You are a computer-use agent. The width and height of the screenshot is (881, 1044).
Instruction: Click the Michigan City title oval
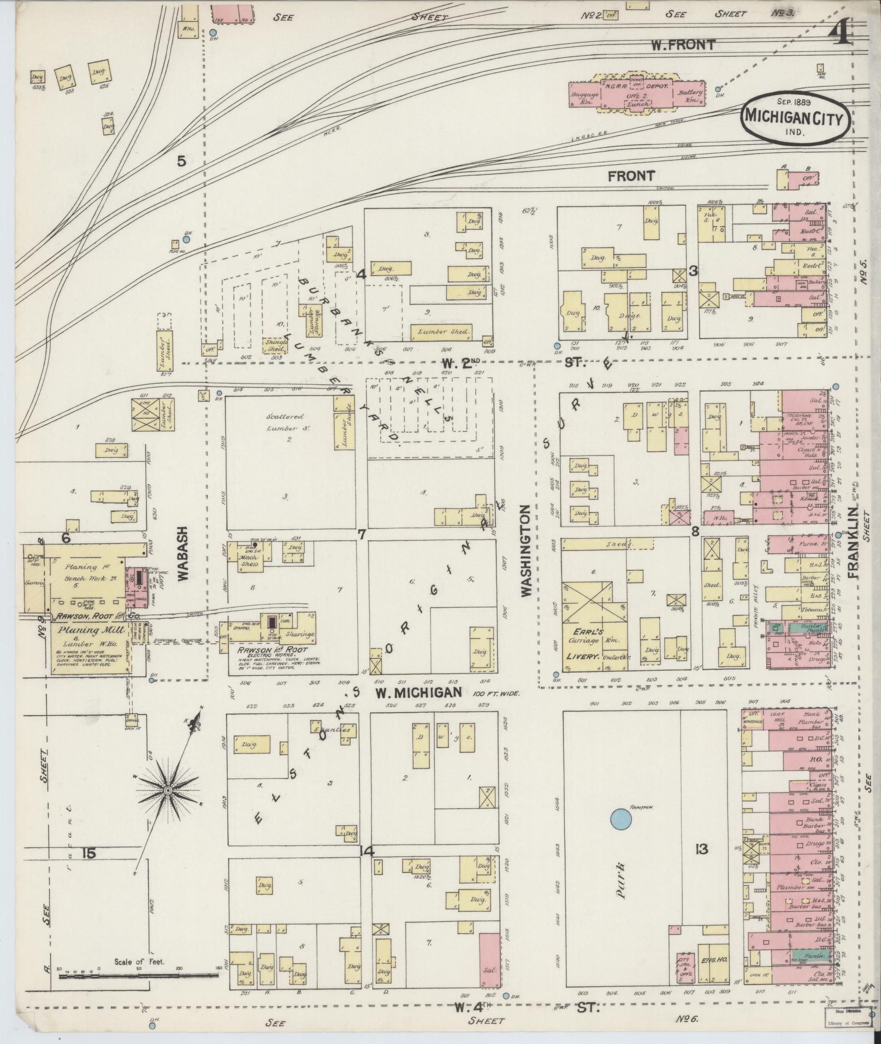[795, 116]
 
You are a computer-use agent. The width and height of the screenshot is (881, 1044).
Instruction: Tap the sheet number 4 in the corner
[841, 34]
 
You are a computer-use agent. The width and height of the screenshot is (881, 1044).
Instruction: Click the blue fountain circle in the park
[619, 818]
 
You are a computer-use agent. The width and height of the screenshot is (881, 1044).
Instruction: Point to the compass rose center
[168, 790]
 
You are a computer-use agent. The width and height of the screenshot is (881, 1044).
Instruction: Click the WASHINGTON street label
[526, 551]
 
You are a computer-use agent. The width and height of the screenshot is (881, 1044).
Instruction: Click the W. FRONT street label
[682, 45]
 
